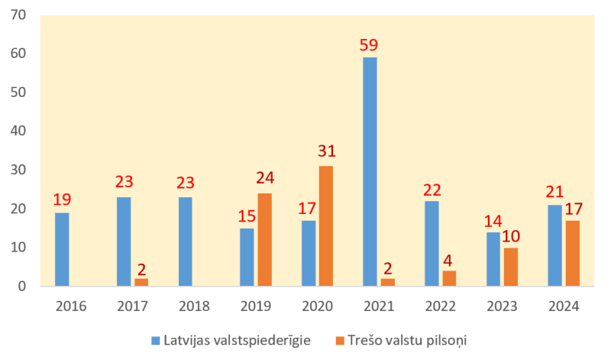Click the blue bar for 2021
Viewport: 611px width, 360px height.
370,172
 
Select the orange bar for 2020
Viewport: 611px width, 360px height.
326,226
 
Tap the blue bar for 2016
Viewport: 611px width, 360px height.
62,249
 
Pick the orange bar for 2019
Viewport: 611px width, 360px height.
264,240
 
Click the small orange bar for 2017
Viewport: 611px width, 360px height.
141,282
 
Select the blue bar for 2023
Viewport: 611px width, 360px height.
493,259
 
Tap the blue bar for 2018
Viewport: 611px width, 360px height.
185,242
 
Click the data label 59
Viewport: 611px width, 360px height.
369,44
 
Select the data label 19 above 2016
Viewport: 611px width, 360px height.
62,200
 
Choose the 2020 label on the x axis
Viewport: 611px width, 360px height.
317,306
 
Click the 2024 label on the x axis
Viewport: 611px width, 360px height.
564,306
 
